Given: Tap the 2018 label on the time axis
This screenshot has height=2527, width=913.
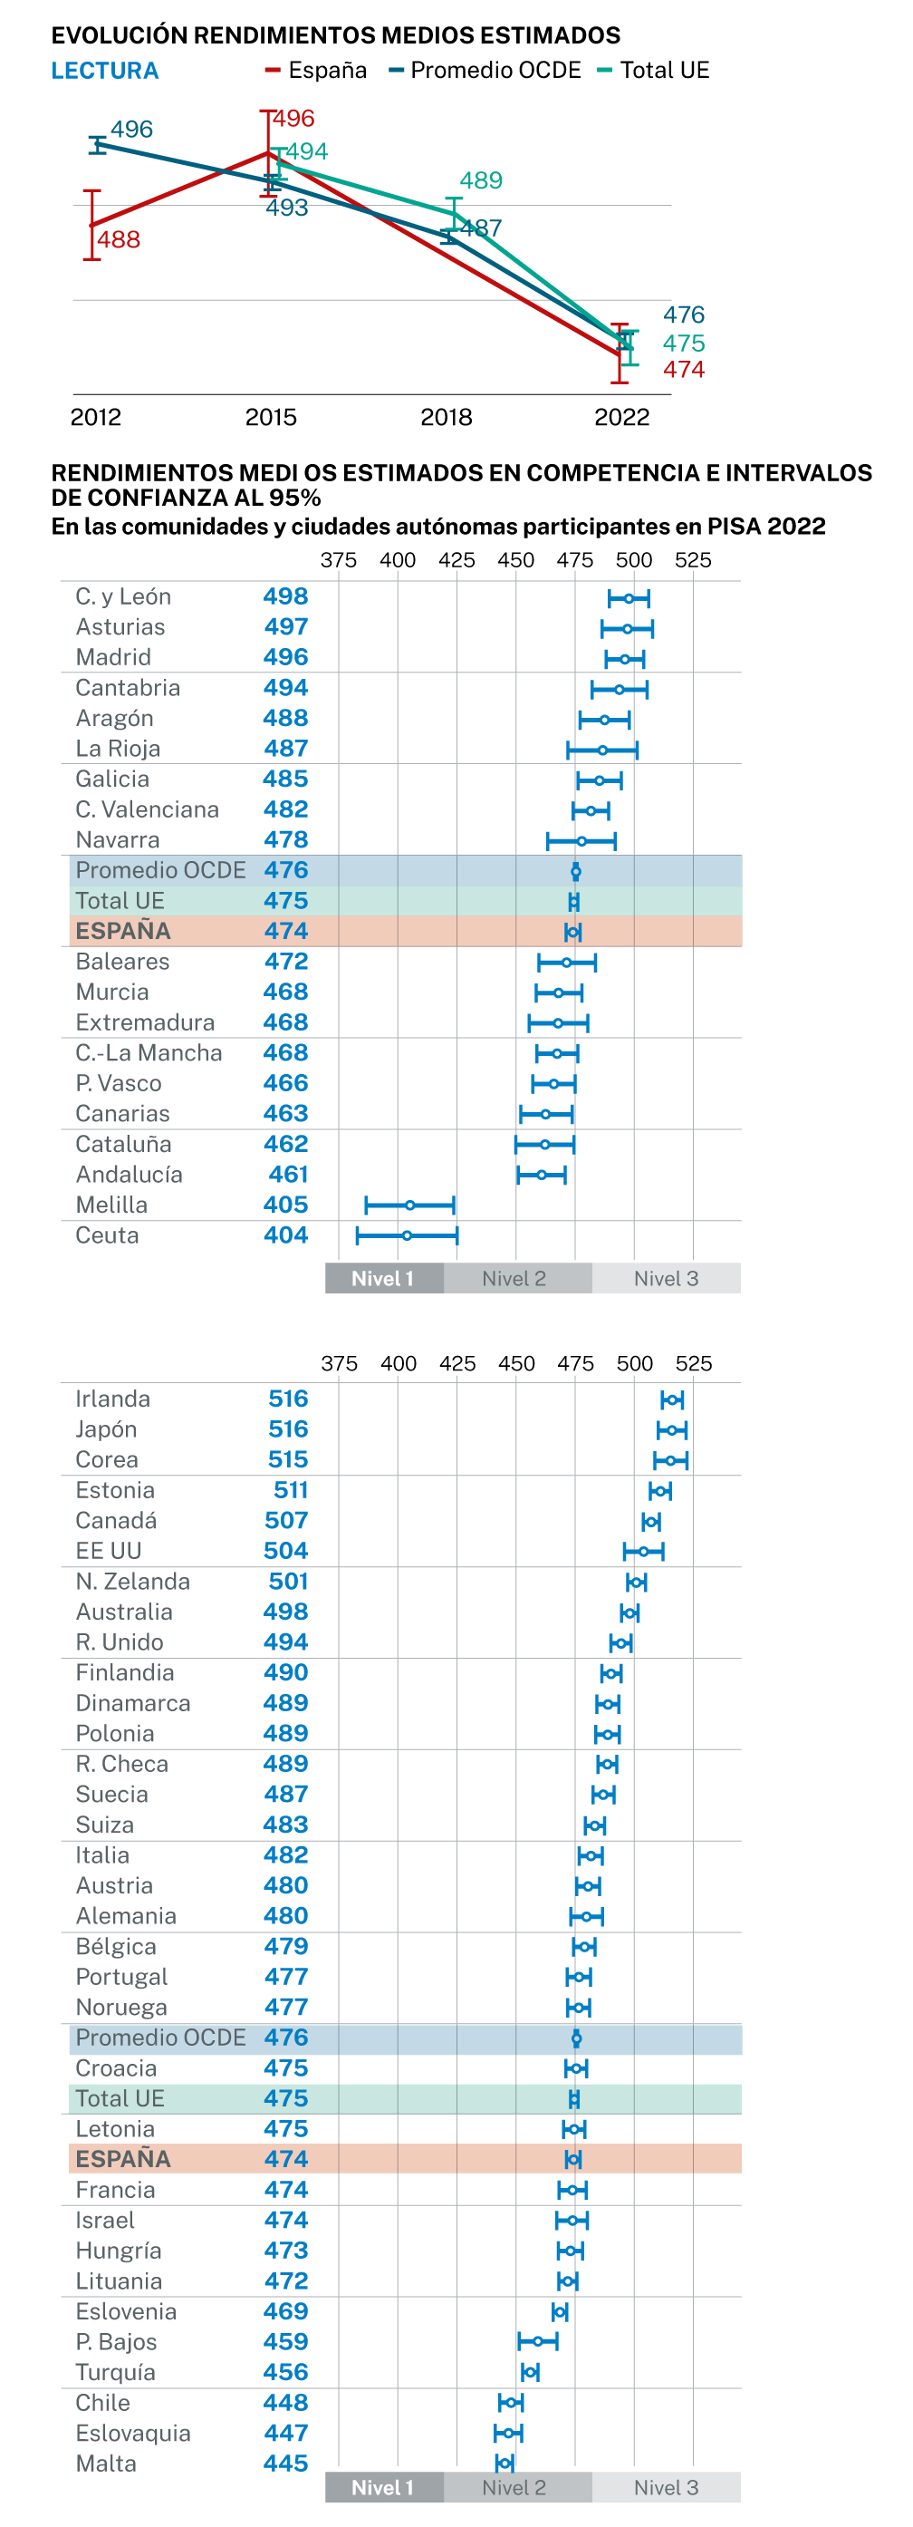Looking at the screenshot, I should click(x=447, y=417).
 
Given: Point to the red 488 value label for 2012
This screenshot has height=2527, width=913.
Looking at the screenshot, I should click(x=119, y=239).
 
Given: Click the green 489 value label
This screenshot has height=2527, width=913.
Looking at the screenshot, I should click(x=481, y=180).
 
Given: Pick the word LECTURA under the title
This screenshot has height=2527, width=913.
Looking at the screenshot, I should click(x=105, y=71).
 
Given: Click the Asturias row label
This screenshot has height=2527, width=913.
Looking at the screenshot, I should click(x=120, y=627).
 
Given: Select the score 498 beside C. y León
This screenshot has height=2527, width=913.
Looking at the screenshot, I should click(x=285, y=596).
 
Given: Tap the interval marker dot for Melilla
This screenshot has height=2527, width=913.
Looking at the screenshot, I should click(x=410, y=1205).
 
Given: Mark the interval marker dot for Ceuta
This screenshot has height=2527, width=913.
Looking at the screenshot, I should click(x=407, y=1235).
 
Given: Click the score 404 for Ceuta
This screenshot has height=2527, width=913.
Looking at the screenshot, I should click(x=285, y=1235).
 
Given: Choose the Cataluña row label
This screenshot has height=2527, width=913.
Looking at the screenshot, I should click(x=123, y=1144).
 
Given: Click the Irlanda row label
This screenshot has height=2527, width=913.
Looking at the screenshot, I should click(x=113, y=1399).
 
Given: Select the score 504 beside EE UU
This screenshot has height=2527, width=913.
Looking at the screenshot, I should click(x=285, y=1551).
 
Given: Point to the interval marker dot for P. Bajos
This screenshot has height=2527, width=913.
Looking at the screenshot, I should click(x=537, y=2341).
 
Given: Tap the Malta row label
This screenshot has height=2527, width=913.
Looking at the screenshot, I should click(x=106, y=2464).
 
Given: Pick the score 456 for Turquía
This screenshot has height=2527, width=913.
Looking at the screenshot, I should click(x=285, y=2372).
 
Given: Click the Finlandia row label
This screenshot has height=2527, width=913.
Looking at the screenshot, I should click(x=125, y=1672).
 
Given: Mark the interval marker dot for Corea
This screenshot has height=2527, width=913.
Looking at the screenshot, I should click(x=671, y=1459).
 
